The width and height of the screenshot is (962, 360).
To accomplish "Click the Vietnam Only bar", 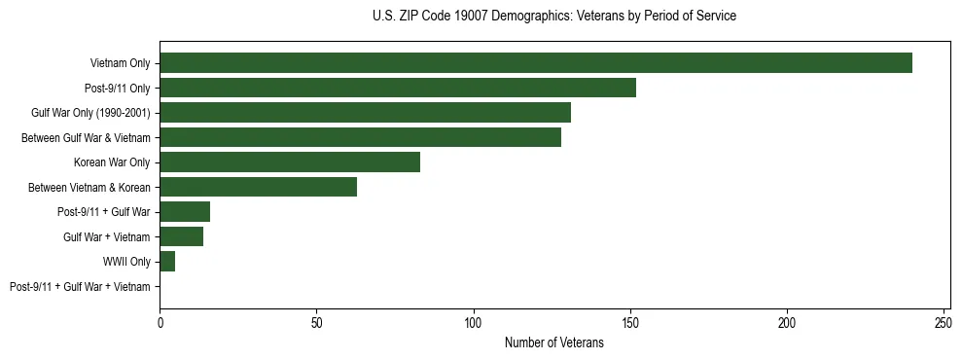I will coord(536,63).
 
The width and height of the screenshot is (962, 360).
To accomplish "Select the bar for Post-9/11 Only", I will coord(398,88).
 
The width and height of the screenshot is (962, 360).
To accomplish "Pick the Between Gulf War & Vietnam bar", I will coord(360,137).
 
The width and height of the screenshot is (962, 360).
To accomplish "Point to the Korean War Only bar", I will coord(290,162).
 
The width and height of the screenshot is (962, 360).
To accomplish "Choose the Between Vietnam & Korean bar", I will coord(259,187).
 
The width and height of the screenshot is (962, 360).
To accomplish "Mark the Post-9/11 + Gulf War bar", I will coord(185,212).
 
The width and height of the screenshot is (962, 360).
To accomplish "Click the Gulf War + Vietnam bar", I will coord(182,236).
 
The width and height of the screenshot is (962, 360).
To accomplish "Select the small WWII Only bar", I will coord(167,262).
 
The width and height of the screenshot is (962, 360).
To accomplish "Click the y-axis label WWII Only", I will coord(126,262).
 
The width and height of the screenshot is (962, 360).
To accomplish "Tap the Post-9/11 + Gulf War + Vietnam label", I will coord(80,287).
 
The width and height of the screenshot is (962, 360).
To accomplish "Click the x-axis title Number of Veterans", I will coord(554,342).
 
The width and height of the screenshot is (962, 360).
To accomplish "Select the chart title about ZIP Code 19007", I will coord(554,17).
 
